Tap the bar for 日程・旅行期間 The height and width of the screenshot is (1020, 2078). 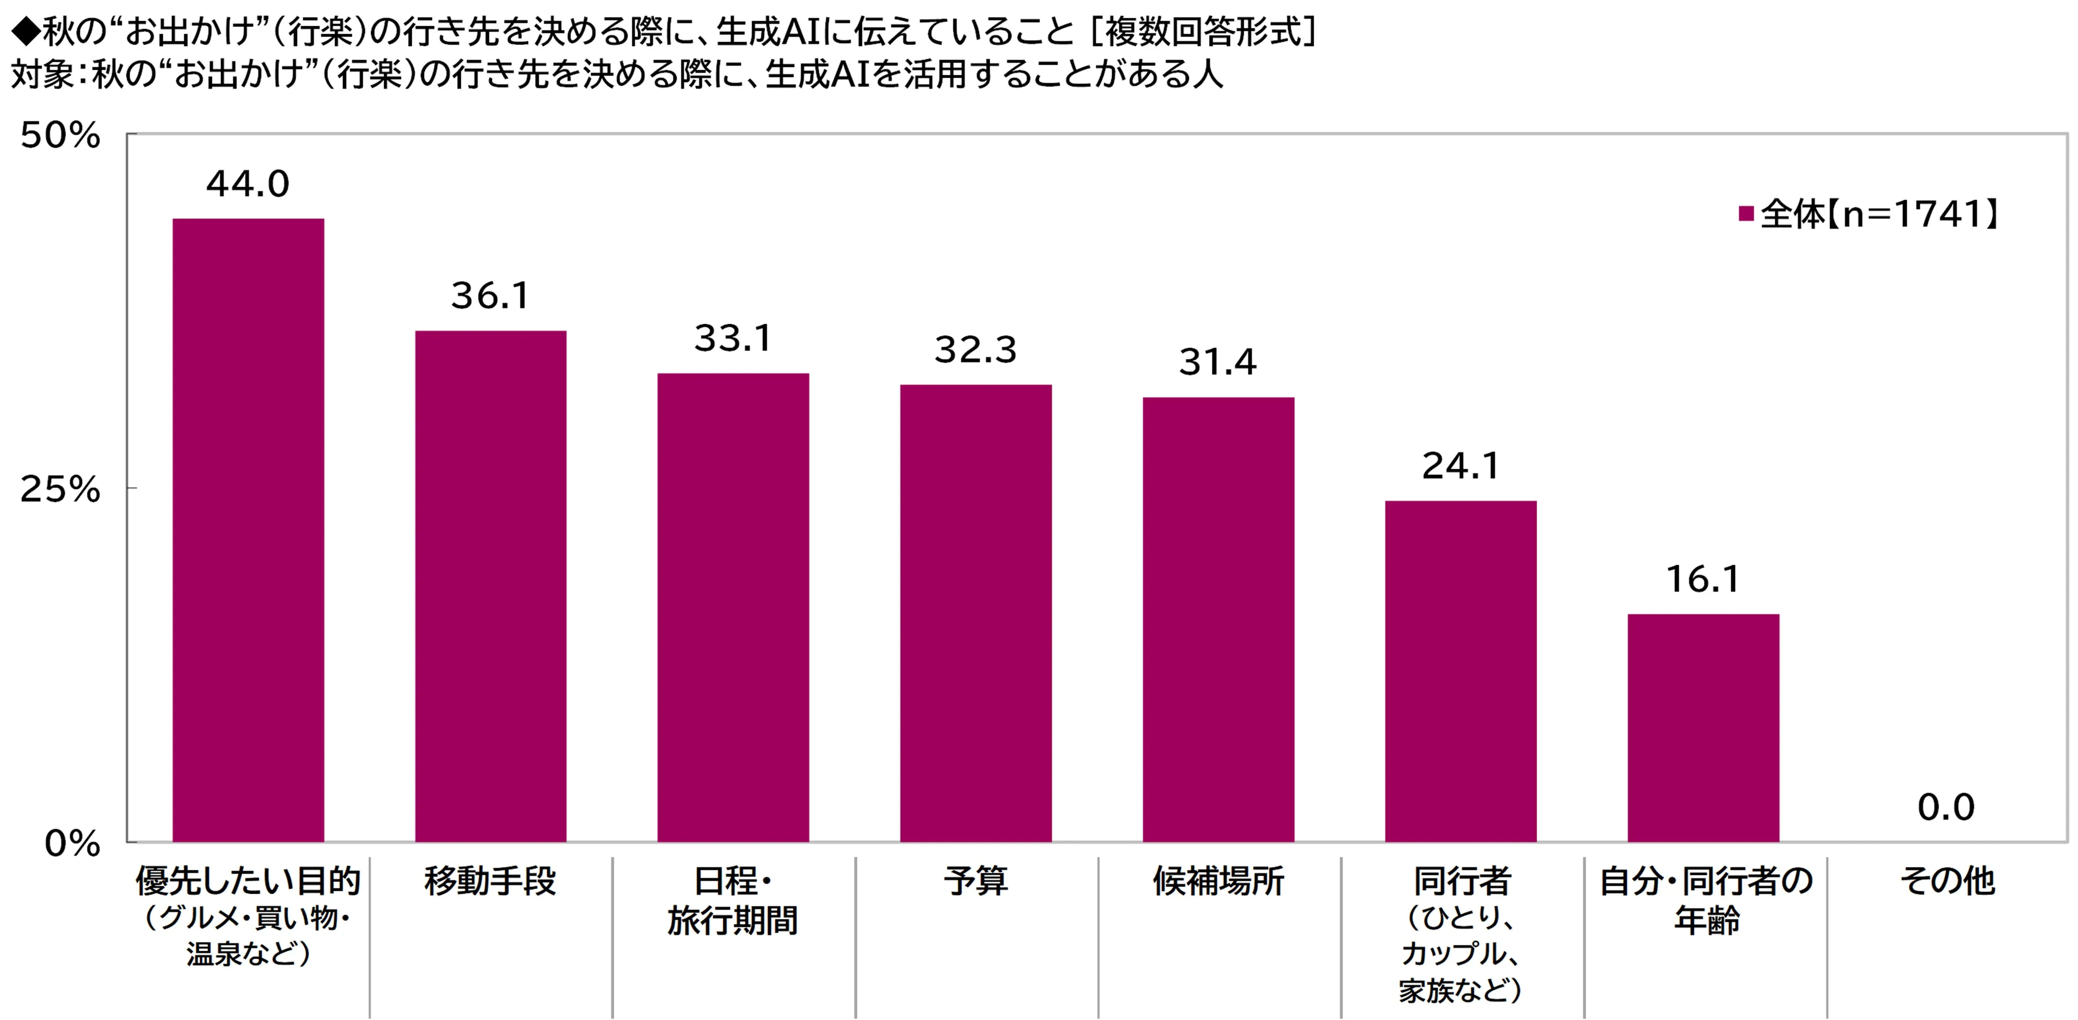(x=733, y=607)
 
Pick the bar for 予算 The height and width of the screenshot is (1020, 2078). (x=976, y=613)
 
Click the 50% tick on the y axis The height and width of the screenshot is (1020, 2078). (x=60, y=136)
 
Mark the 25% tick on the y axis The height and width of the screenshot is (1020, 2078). (x=60, y=488)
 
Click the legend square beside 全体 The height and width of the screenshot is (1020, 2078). (x=1746, y=214)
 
